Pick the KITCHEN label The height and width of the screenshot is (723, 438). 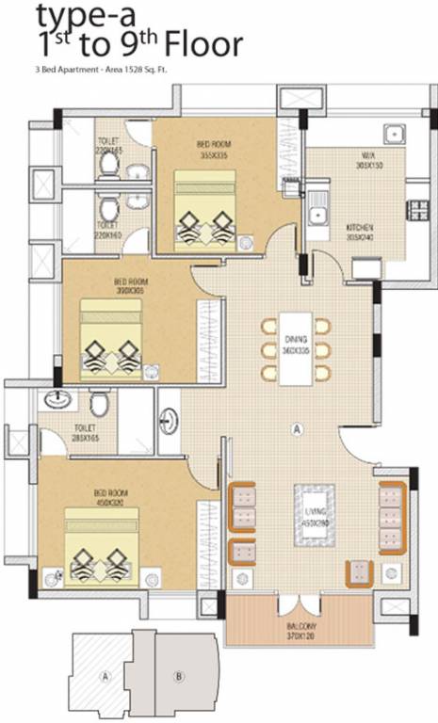360,233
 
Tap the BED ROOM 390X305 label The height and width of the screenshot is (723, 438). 131,286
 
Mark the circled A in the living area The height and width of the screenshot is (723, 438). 296,429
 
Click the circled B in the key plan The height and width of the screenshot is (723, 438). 178,675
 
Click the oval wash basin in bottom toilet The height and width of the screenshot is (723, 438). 56,398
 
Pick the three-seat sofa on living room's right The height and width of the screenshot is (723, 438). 391,519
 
